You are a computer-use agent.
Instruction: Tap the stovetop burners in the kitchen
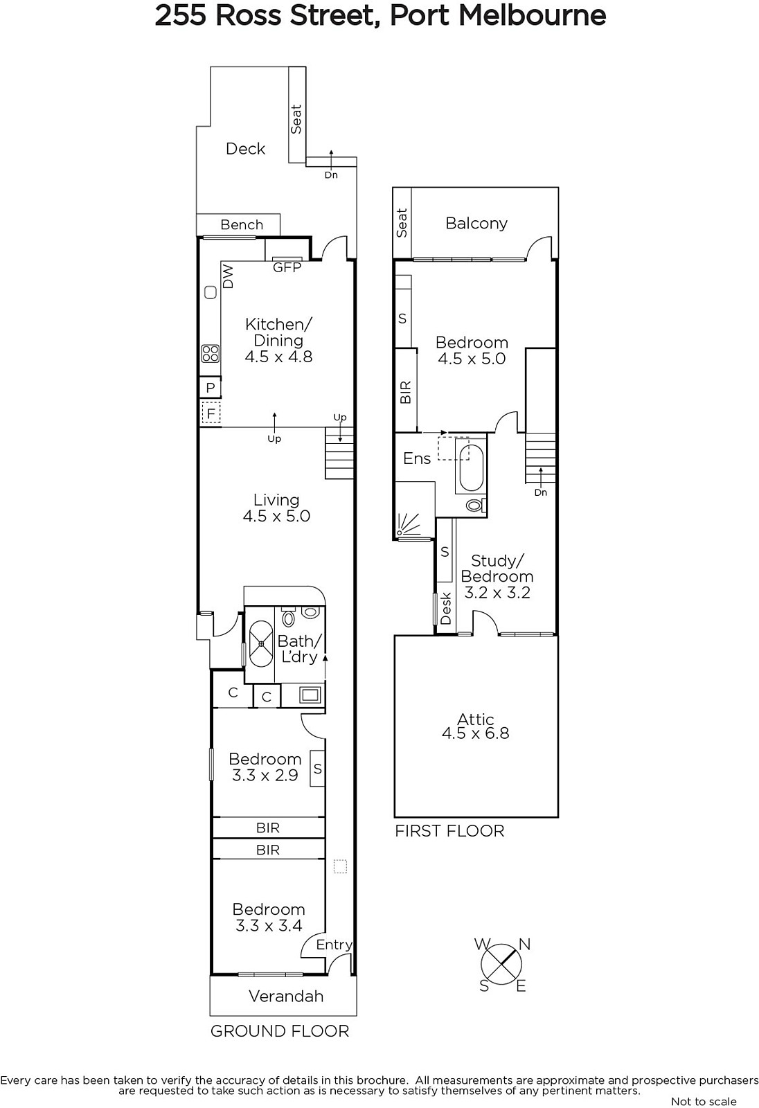(x=211, y=354)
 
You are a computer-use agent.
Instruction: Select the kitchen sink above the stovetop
(x=211, y=292)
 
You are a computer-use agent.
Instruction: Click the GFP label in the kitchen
(x=287, y=267)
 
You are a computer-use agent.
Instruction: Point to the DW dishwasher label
(x=228, y=276)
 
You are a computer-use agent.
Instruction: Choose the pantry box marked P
(x=211, y=387)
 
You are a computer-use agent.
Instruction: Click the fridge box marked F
(x=211, y=413)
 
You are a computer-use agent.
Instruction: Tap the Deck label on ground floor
(x=245, y=148)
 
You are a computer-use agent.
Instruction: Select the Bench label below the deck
(x=242, y=224)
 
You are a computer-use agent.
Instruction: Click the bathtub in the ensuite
(x=471, y=468)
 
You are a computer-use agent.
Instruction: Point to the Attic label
(x=476, y=720)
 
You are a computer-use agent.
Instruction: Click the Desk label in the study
(x=446, y=608)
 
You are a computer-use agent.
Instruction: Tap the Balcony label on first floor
(x=476, y=223)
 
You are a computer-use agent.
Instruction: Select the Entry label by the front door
(x=334, y=945)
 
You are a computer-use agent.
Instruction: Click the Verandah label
(x=286, y=996)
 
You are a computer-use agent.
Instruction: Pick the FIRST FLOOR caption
(x=449, y=830)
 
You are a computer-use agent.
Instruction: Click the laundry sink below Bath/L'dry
(x=310, y=695)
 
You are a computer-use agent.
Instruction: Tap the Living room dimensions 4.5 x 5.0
(x=276, y=516)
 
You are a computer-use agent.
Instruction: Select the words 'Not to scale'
(x=704, y=1101)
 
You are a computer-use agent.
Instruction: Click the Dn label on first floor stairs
(x=541, y=492)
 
